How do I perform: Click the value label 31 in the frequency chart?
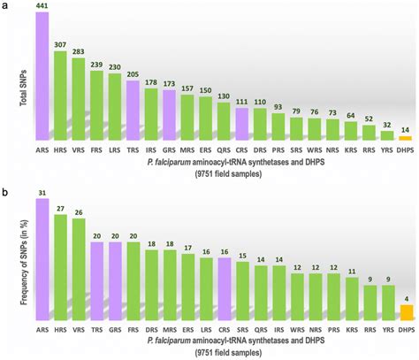click(x=42, y=191)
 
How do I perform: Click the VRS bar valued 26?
click(x=79, y=270)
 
